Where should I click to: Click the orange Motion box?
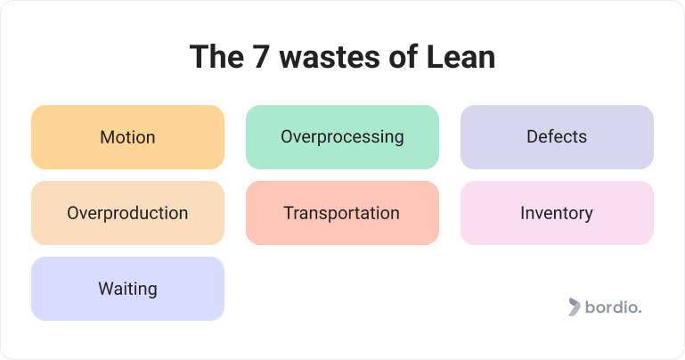click(x=127, y=137)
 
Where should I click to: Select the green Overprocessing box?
click(x=342, y=137)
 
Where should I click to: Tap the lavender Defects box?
click(x=557, y=137)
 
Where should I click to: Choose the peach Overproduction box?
click(x=127, y=213)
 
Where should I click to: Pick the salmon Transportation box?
click(x=342, y=213)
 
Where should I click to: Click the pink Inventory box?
click(x=557, y=213)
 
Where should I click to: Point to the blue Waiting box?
click(x=127, y=289)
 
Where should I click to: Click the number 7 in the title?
click(x=260, y=57)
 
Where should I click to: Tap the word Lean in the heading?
click(x=461, y=57)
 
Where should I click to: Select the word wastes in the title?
click(x=330, y=58)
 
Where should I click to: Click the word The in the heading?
click(x=216, y=57)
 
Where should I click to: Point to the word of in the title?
click(x=404, y=57)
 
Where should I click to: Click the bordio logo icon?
click(x=574, y=307)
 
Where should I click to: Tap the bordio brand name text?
click(x=614, y=307)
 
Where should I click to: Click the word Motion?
click(x=127, y=137)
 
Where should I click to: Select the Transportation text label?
click(x=342, y=213)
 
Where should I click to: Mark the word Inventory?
click(x=557, y=214)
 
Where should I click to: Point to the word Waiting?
click(x=127, y=290)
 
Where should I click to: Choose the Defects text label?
click(x=557, y=136)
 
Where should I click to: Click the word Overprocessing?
click(x=342, y=137)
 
